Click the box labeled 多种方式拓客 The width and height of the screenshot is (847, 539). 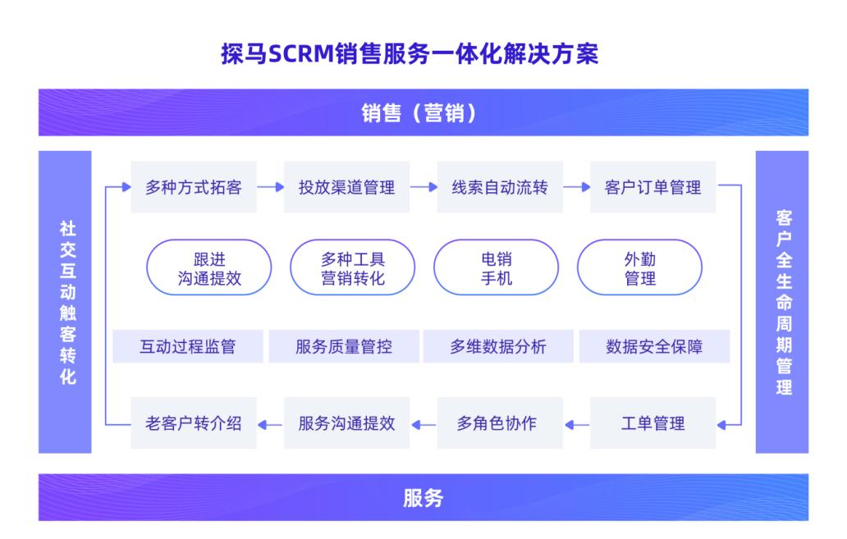pos(194,187)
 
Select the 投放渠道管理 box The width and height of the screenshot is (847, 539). pos(347,187)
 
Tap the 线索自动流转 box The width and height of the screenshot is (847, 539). pos(500,187)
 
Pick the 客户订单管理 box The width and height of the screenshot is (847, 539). pos(653,187)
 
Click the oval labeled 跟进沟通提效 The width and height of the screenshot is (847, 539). pos(209,267)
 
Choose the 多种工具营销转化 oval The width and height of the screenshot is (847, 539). pos(353,267)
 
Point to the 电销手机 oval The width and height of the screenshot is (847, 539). pos(497,267)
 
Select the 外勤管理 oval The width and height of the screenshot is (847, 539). pos(640,267)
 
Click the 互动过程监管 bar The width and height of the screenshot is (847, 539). pos(188,346)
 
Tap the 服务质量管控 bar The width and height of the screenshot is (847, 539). pos(344,346)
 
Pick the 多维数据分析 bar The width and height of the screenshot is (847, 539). pos(498,346)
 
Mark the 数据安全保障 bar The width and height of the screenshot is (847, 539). pos(655,346)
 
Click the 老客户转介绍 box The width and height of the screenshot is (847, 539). pos(194,423)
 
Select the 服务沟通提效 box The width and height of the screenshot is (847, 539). pos(347,423)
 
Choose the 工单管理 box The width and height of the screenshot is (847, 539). pos(653,423)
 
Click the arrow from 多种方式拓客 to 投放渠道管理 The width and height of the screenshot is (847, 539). pos(271,187)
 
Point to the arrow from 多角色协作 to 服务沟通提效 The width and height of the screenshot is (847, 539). pos(423,425)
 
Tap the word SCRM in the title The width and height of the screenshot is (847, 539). pos(301,54)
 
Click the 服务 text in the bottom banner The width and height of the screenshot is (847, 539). pos(423,497)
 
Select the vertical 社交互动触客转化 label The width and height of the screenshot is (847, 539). pos(68,303)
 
